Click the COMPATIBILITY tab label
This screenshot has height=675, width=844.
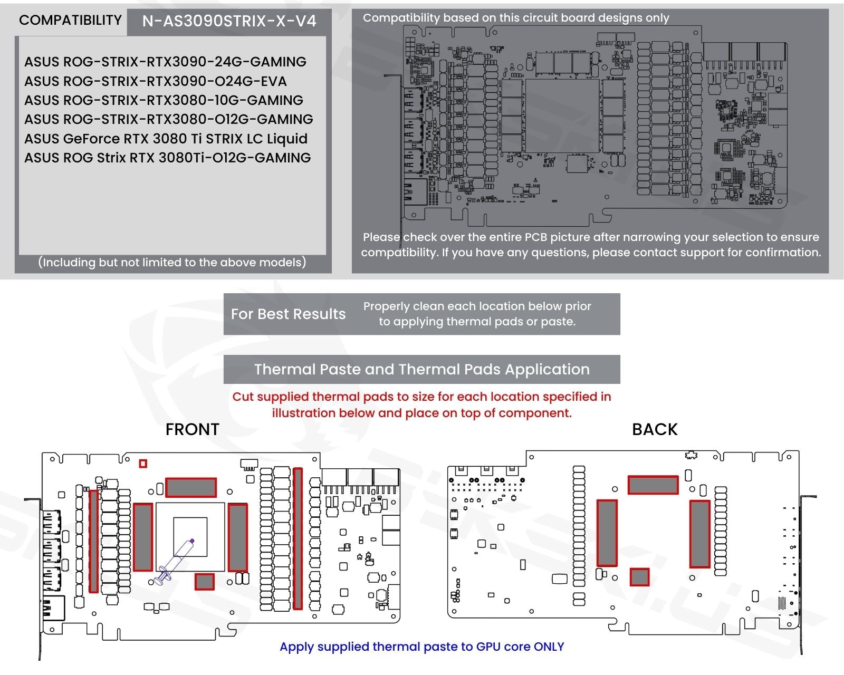[x=70, y=21]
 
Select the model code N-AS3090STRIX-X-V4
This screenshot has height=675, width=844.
[x=229, y=21]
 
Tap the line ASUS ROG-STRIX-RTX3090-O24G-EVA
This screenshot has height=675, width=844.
[x=156, y=81]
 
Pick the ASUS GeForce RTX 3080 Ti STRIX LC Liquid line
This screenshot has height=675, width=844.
[x=166, y=139]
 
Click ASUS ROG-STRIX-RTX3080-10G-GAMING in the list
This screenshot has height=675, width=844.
[x=164, y=100]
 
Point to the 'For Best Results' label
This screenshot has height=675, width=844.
[x=288, y=314]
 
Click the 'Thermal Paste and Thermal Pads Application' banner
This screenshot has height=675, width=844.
[x=421, y=369]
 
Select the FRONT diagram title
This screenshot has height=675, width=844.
[x=192, y=429]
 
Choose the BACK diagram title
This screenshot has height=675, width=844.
[x=655, y=429]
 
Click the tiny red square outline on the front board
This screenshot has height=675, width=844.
[x=143, y=464]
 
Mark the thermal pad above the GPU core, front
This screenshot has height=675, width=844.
[x=191, y=487]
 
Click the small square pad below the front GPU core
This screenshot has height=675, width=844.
[x=205, y=582]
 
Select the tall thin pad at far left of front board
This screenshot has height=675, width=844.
[x=94, y=541]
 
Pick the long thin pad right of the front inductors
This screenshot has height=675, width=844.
[x=298, y=538]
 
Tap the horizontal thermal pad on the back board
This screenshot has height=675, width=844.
[x=653, y=485]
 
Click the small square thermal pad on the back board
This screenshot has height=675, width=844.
[x=640, y=577]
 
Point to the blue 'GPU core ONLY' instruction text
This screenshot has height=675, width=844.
[x=421, y=647]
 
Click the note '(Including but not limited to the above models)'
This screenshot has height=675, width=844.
[x=172, y=263]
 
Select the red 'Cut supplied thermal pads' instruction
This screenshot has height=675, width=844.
[x=421, y=404]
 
